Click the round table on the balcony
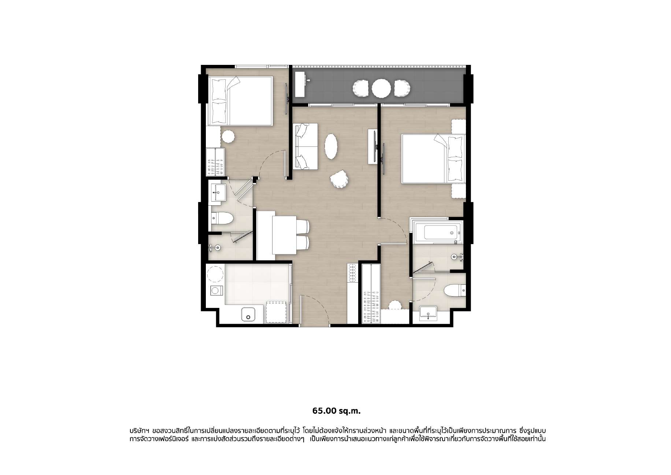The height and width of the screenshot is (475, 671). [x=381, y=88]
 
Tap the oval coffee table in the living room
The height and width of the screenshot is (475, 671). [x=331, y=146]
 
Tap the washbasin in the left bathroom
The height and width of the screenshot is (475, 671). [x=219, y=192]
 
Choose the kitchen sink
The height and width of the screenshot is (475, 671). [x=248, y=314]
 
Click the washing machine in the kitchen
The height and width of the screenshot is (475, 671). [x=216, y=291]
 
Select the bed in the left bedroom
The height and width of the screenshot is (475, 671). [x=241, y=101]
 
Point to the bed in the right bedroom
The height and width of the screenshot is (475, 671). [x=434, y=158]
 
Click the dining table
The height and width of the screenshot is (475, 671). [x=284, y=235]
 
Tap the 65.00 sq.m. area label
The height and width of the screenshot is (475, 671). [x=336, y=411]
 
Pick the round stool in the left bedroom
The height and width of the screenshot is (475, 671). [x=228, y=137]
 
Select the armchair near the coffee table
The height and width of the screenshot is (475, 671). [x=340, y=179]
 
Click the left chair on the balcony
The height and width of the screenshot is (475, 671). [x=360, y=88]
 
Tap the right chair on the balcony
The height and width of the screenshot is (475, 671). [x=402, y=88]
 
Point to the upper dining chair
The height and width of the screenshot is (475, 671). [x=302, y=226]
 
